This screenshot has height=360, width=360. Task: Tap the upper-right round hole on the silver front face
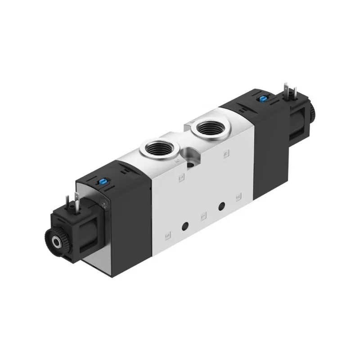pos(221,207)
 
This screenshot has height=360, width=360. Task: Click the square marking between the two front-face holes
pos(203,216)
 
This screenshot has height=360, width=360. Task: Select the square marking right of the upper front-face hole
pos(238,197)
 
